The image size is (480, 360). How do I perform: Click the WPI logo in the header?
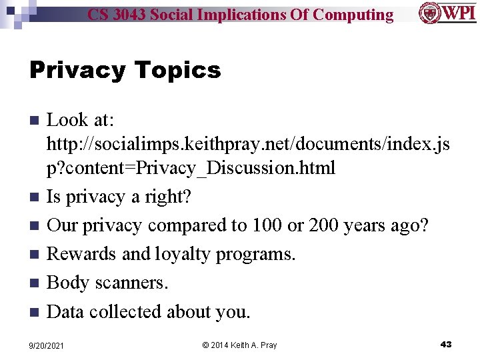447,13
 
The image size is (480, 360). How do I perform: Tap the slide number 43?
446,344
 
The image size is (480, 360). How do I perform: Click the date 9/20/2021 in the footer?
46,345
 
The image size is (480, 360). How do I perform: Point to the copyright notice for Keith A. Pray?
239,345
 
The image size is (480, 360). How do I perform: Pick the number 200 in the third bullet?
325,225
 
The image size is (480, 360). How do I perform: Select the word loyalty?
182,254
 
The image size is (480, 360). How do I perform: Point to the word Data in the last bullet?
65,311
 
